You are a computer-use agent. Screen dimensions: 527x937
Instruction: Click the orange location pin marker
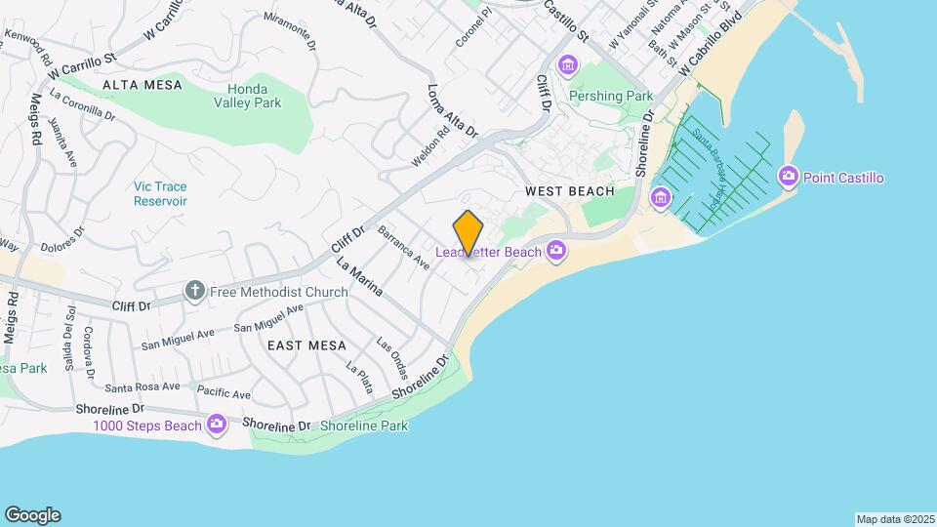[x=468, y=233]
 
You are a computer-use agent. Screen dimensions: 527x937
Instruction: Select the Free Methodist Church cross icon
[x=194, y=291]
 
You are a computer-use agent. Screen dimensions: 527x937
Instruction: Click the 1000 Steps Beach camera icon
[x=217, y=425]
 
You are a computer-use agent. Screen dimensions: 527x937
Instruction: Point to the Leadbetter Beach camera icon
[x=556, y=251]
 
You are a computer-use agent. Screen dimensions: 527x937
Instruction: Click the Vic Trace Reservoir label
[x=161, y=193]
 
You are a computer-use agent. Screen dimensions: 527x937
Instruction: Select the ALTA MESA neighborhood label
[x=142, y=85]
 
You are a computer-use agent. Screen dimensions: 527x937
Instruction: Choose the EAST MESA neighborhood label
[x=302, y=345]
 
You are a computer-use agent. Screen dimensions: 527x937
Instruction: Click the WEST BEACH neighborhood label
[x=570, y=191]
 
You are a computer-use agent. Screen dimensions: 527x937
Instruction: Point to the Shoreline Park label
[x=363, y=426]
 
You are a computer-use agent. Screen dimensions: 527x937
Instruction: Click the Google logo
[x=32, y=515]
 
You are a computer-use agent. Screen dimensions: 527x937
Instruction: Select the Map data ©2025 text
[x=894, y=518]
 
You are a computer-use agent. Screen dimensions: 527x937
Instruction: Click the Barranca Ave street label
[x=404, y=249]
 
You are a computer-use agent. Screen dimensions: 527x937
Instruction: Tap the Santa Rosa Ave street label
[x=143, y=386]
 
